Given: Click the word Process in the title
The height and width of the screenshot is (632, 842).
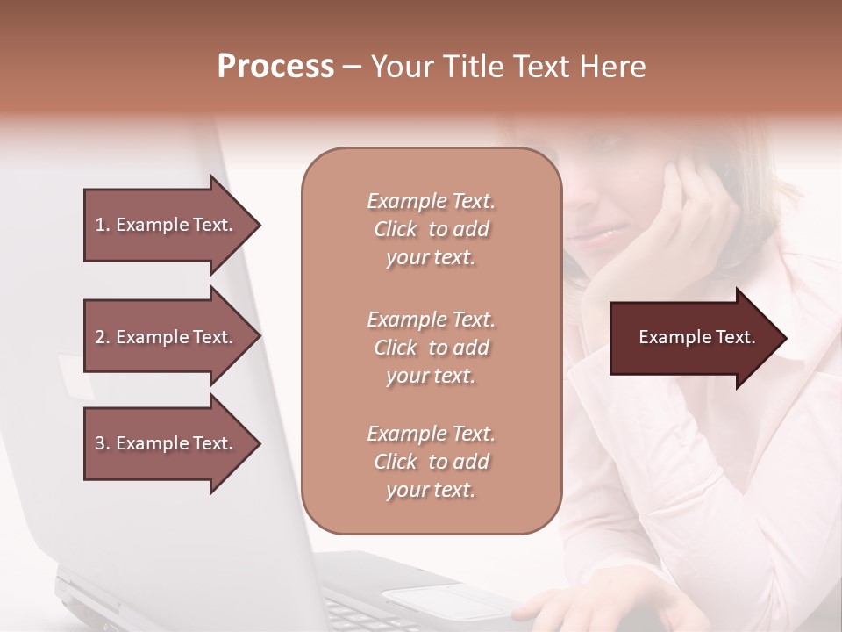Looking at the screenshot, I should pos(275,67).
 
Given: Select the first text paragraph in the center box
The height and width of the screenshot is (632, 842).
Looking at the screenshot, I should pos(431,229).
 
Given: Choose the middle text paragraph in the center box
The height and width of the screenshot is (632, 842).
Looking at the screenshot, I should pos(431,348).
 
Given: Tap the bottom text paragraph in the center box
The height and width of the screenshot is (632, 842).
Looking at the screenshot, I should pos(431,462).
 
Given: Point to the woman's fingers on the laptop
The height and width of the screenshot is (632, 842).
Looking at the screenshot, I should pos(561,610).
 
